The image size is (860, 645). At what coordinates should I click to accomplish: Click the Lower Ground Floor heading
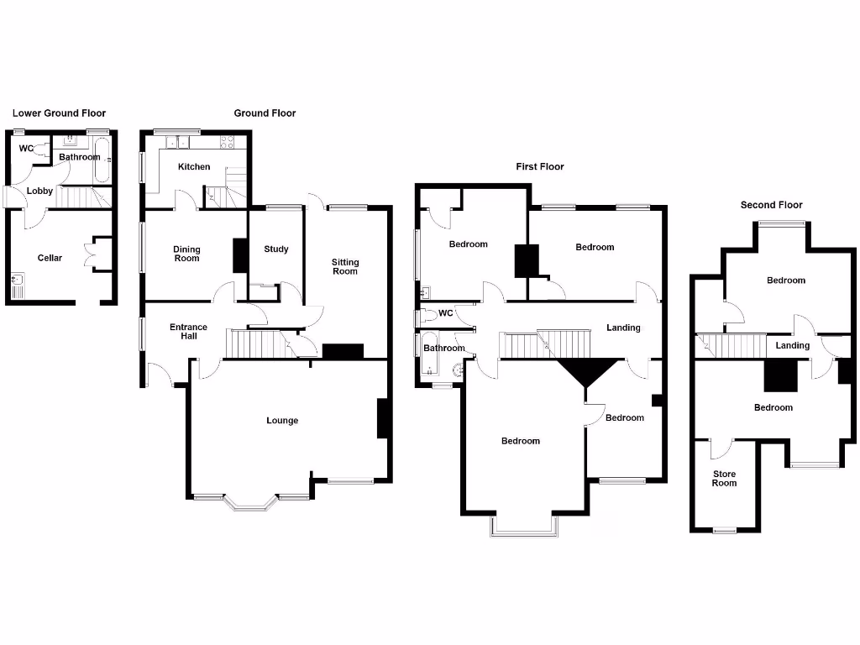click(59, 113)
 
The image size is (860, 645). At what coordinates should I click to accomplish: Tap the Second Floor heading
click(771, 205)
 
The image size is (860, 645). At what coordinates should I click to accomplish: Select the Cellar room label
click(50, 258)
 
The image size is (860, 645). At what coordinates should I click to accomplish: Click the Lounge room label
click(282, 421)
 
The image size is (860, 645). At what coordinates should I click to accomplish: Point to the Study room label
click(276, 249)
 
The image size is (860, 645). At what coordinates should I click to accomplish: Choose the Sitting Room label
click(345, 267)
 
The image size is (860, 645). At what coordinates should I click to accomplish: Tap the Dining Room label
click(186, 254)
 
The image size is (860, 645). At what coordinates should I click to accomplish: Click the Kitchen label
click(194, 167)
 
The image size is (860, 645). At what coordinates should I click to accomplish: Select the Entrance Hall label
click(189, 332)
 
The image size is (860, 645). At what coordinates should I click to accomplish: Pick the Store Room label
click(724, 479)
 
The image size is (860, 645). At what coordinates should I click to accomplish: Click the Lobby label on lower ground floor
click(39, 191)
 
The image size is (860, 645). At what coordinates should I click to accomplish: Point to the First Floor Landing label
click(623, 328)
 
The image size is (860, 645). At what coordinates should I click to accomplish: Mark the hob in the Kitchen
click(226, 143)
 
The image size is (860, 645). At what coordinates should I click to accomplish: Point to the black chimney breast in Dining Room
click(239, 255)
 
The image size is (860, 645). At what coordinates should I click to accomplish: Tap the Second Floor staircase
click(731, 344)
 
